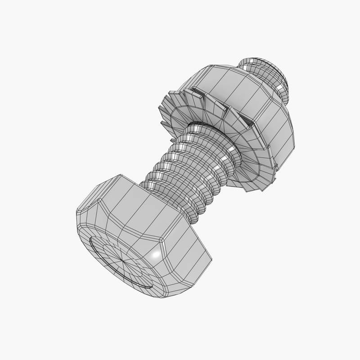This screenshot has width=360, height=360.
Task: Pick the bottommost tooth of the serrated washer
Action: point(247,189)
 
